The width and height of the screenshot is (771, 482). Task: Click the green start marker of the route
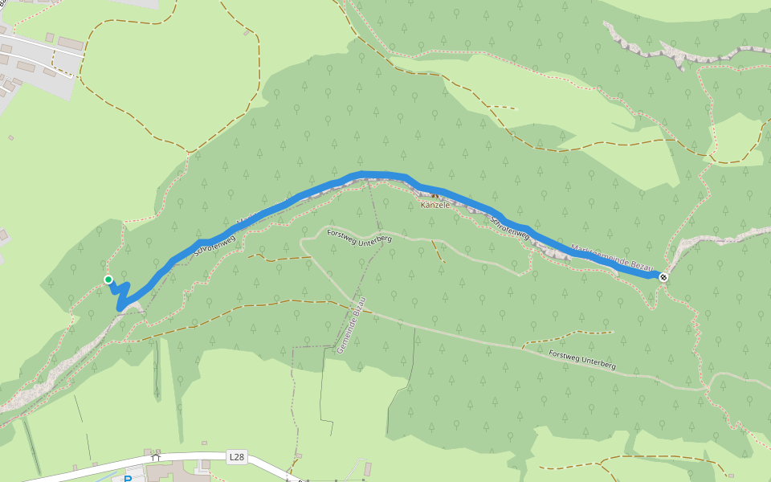click(108, 280)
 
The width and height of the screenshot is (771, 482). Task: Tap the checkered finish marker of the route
click(663, 277)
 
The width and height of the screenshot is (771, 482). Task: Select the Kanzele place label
click(434, 205)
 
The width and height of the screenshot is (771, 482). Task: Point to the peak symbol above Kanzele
click(434, 194)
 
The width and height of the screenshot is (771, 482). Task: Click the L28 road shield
click(236, 457)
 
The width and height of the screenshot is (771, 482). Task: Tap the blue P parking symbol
click(128, 479)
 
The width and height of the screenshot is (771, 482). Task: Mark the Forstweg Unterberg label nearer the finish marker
click(582, 359)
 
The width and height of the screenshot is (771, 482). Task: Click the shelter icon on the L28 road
click(156, 457)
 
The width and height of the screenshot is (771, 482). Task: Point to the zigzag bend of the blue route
click(122, 294)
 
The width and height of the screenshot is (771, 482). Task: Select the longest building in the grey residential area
click(70, 43)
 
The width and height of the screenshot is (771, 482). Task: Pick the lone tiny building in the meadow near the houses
click(10, 137)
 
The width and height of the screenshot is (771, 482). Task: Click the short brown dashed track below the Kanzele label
click(439, 251)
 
